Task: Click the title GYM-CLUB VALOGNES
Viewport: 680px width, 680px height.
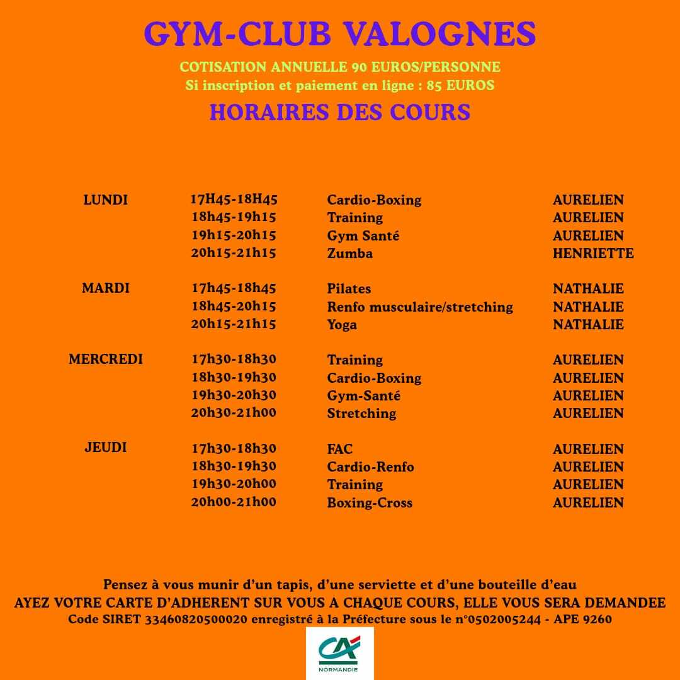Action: pyautogui.click(x=340, y=34)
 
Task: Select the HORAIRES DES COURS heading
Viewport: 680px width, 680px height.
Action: pyautogui.click(x=340, y=112)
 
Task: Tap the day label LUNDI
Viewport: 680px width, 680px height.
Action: pyautogui.click(x=106, y=200)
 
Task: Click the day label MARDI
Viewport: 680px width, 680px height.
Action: pyautogui.click(x=106, y=288)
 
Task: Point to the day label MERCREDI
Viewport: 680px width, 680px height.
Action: pyautogui.click(x=106, y=360)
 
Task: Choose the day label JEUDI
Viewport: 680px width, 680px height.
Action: pyautogui.click(x=106, y=448)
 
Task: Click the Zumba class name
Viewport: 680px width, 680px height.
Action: pyautogui.click(x=349, y=254)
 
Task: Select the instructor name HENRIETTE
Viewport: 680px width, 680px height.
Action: pyautogui.click(x=593, y=254)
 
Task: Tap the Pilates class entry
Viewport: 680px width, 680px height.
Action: pyautogui.click(x=349, y=289)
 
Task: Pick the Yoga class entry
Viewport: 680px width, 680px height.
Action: pyautogui.click(x=342, y=325)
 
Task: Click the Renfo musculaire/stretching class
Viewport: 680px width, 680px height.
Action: pyautogui.click(x=420, y=307)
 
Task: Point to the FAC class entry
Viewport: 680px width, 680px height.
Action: pyautogui.click(x=340, y=450)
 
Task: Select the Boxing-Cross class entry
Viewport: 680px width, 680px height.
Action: pyautogui.click(x=370, y=503)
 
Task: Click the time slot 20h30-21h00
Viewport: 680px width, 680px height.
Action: pyautogui.click(x=234, y=413)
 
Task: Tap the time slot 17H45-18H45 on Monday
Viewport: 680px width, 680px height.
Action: pyautogui.click(x=234, y=200)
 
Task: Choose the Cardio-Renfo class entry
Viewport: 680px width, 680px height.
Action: pyautogui.click(x=370, y=467)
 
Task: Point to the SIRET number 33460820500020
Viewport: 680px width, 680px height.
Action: pyautogui.click(x=196, y=620)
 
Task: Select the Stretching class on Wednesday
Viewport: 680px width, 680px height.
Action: pyautogui.click(x=361, y=414)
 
